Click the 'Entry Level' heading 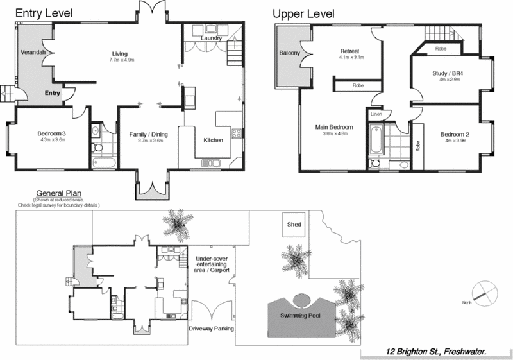(x=44, y=13)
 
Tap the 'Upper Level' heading (x=303, y=13)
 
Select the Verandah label (x=31, y=51)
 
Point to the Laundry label (x=211, y=38)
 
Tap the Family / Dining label (x=148, y=134)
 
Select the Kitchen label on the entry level (x=213, y=139)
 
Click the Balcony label (x=289, y=53)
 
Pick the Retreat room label (x=349, y=51)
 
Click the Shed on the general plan (x=294, y=225)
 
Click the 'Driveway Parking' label (x=211, y=329)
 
